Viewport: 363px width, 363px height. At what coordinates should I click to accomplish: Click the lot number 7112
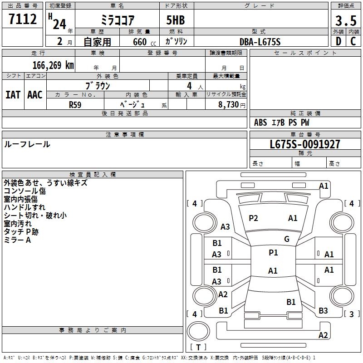(23, 19)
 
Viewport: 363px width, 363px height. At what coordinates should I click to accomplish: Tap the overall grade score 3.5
(346, 20)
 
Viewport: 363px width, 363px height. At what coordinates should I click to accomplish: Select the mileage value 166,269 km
(53, 65)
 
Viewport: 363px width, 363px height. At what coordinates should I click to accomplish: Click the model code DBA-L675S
(260, 42)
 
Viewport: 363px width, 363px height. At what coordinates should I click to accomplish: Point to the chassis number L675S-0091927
(305, 144)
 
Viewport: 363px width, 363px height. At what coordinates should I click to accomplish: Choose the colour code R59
(75, 105)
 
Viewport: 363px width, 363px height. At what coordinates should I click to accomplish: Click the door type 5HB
(176, 20)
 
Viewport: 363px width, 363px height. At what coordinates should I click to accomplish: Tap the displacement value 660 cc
(144, 42)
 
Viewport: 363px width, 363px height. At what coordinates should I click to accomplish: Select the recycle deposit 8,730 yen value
(232, 105)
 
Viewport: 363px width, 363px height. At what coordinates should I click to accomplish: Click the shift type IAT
(13, 95)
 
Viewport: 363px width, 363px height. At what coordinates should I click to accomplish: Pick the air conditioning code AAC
(35, 95)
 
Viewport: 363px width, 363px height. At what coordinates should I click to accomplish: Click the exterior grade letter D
(338, 41)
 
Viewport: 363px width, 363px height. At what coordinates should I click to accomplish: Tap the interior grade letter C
(353, 41)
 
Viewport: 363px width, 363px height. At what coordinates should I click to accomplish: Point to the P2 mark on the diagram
(253, 218)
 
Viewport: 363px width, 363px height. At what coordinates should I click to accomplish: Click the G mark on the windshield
(287, 239)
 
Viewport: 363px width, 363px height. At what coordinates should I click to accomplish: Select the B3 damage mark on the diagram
(323, 311)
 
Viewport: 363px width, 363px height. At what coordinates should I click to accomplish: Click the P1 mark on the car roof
(273, 253)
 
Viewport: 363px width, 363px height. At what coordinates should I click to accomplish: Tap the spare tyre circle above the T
(198, 331)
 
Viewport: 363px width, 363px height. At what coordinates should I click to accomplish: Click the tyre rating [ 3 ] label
(351, 314)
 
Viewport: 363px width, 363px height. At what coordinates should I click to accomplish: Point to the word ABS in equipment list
(260, 123)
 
